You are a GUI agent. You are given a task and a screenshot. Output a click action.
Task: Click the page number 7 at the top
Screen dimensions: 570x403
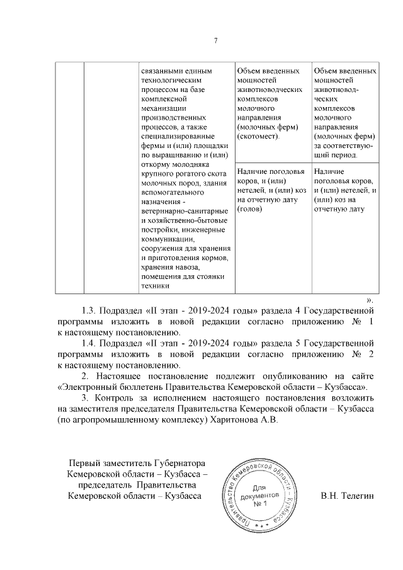click(x=215, y=41)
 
